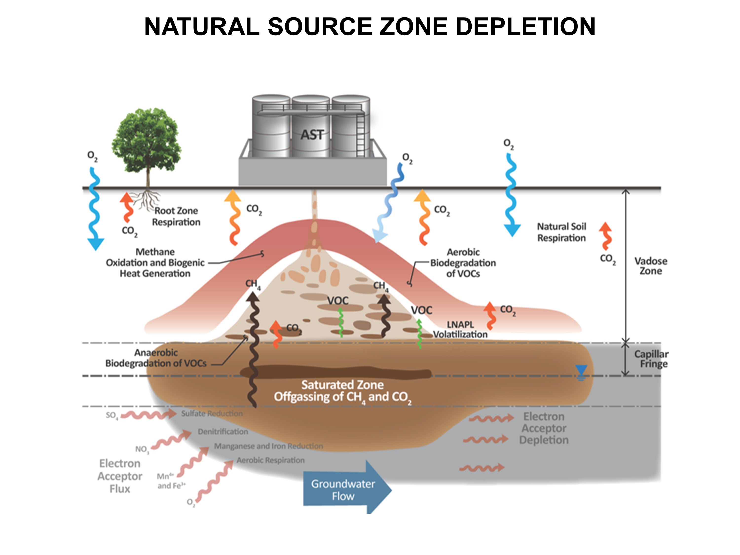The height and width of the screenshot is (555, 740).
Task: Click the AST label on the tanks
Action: click(312, 135)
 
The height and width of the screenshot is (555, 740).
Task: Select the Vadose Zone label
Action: click(651, 266)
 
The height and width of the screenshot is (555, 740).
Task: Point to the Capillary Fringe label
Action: click(651, 359)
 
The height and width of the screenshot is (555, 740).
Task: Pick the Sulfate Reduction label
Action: click(212, 413)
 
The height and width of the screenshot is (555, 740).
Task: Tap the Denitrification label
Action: click(223, 432)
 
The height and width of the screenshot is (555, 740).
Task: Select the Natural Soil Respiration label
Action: click(561, 232)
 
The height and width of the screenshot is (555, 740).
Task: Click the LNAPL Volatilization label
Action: click(460, 330)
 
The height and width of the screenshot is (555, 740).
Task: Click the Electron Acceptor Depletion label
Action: click(544, 428)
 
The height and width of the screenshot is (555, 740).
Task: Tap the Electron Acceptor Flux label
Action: click(120, 476)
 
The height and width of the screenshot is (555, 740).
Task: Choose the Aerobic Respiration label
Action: click(271, 460)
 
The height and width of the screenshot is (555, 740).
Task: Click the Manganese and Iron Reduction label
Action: click(268, 446)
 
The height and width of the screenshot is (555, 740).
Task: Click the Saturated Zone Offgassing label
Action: click(343, 391)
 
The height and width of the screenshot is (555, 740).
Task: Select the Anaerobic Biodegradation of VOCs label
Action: click(156, 358)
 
